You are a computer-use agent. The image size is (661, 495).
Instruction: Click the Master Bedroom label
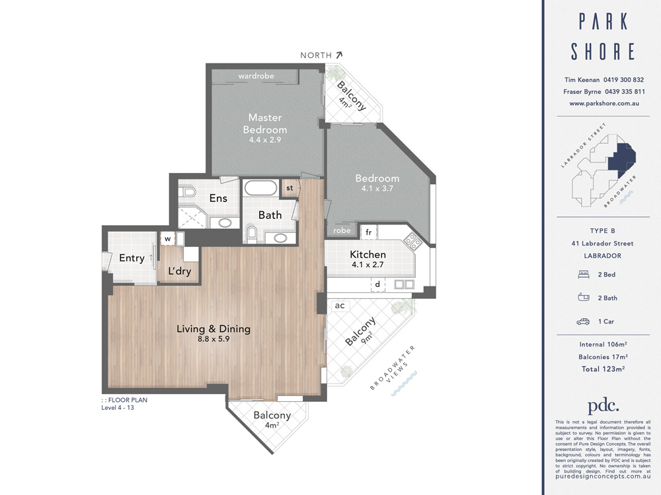pyautogui.click(x=264, y=123)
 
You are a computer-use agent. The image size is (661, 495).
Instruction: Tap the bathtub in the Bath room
pyautogui.click(x=260, y=189)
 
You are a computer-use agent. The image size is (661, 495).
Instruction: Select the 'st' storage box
pyautogui.click(x=290, y=187)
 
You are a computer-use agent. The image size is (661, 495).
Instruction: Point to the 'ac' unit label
pyautogui.click(x=340, y=306)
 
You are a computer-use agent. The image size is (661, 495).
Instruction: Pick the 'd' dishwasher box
pyautogui.click(x=377, y=284)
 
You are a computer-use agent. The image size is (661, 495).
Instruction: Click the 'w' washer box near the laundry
pyautogui.click(x=167, y=238)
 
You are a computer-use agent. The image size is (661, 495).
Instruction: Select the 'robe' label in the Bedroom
pyautogui.click(x=342, y=231)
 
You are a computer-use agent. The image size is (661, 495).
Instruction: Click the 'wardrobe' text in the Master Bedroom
pyautogui.click(x=256, y=76)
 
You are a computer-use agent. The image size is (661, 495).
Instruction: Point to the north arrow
pyautogui.click(x=339, y=55)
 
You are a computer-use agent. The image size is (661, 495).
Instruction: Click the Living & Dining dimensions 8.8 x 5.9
pyautogui.click(x=213, y=339)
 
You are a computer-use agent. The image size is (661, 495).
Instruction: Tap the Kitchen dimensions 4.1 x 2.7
pyautogui.click(x=368, y=265)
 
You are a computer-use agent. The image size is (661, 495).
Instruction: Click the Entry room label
pyautogui.click(x=132, y=258)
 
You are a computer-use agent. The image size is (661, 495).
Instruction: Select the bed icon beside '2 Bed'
pyautogui.click(x=582, y=274)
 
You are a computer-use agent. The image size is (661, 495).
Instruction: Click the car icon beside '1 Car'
pyautogui.click(x=582, y=322)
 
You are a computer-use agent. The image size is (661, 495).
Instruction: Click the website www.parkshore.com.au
pyautogui.click(x=603, y=104)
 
